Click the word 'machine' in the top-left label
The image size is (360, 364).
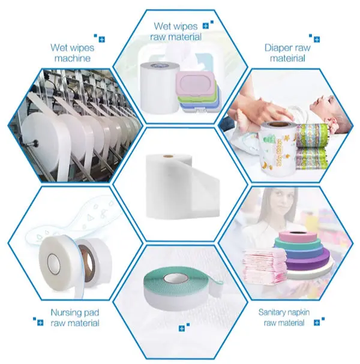click(73, 58)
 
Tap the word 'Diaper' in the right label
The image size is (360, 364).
click(278, 49)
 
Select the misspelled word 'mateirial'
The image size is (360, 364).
click(287, 58)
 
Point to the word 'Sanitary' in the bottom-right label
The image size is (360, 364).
click(272, 312)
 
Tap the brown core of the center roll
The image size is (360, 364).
click(167, 157)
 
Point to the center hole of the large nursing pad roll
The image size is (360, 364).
click(53, 263)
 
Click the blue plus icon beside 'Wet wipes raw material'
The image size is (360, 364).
click(206, 26)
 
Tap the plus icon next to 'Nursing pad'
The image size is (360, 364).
click(40, 323)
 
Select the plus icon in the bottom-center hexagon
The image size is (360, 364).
click(182, 328)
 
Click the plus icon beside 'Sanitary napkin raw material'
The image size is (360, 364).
click(317, 323)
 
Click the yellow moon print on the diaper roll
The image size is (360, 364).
click(265, 166)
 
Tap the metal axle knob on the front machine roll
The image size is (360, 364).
click(35, 142)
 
